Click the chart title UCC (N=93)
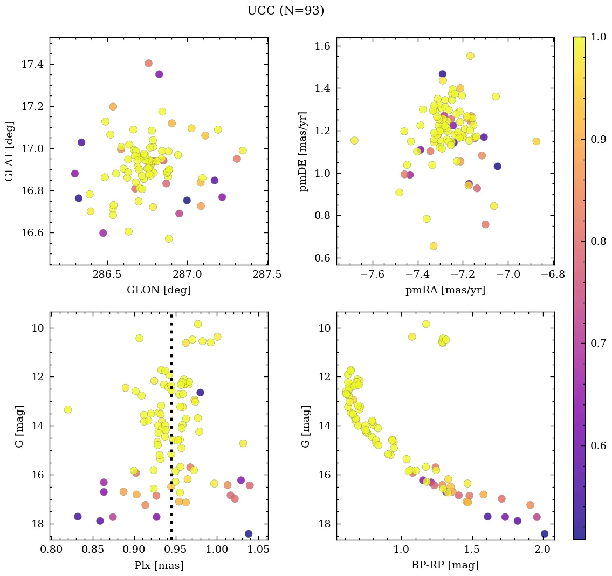pyautogui.click(x=285, y=11)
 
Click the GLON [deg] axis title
pyautogui.click(x=159, y=290)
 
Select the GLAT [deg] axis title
pyautogui.click(x=9, y=150)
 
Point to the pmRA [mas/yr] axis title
pyautogui.click(x=445, y=290)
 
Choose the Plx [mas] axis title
pyautogui.click(x=159, y=565)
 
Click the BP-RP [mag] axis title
pyautogui.click(x=445, y=565)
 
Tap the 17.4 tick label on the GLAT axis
pyautogui.click(x=33, y=65)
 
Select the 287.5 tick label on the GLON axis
pyautogui.click(x=268, y=275)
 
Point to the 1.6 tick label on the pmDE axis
pyautogui.click(x=323, y=46)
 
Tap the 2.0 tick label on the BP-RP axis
pyautogui.click(x=543, y=550)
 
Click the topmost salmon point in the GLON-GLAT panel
pyautogui.click(x=148, y=63)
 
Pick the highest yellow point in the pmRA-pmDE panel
pyautogui.click(x=470, y=56)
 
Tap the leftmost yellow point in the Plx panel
pyautogui.click(x=67, y=409)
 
